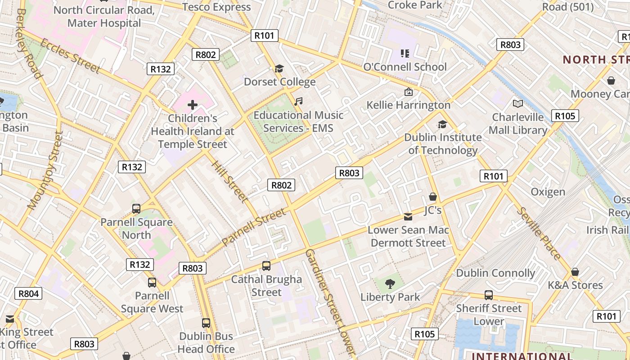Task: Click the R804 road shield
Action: coord(29,294)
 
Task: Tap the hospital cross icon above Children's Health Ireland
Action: coord(193,105)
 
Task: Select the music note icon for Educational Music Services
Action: coord(298,102)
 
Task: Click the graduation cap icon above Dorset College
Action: coord(279,68)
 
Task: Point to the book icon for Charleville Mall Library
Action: coord(518,104)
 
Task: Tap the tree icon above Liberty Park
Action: coord(390,284)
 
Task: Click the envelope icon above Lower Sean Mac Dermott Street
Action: coord(408,217)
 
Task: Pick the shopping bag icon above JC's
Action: coord(433,197)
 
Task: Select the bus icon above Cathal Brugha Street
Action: coord(266,266)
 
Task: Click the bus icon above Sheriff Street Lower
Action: coord(489,295)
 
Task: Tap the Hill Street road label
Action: coord(229,181)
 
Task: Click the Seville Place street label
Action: coord(539,234)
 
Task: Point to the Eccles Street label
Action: coord(70,56)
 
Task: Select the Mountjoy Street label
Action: coord(44,171)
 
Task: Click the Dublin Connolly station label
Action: coord(495,273)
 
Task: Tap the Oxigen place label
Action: coord(548,192)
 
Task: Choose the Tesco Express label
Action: coord(216,7)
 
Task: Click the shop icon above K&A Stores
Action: coord(575,272)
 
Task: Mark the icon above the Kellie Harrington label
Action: coord(408,92)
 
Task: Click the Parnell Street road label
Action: coord(254,227)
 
